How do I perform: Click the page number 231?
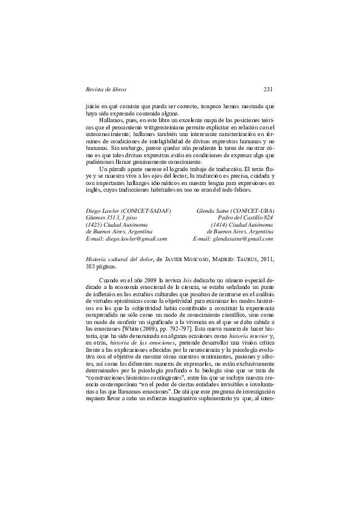pos(269,89)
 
